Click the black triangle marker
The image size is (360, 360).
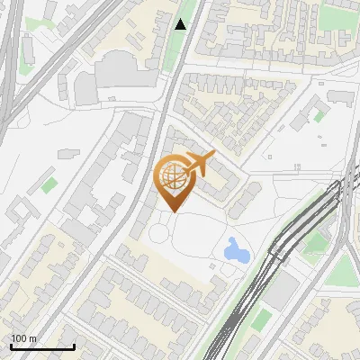pos(181,24)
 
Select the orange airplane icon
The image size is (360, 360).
pos(199,165)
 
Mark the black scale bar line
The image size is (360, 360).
pos(41,346)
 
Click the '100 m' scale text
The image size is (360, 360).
pos(24,338)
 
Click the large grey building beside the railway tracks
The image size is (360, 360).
pos(282,289)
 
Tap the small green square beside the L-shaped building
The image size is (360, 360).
pos(319,116)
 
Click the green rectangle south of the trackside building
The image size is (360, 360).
pos(260,319)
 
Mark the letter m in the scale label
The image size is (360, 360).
pos(32,338)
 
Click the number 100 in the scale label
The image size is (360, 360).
pos(20,338)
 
